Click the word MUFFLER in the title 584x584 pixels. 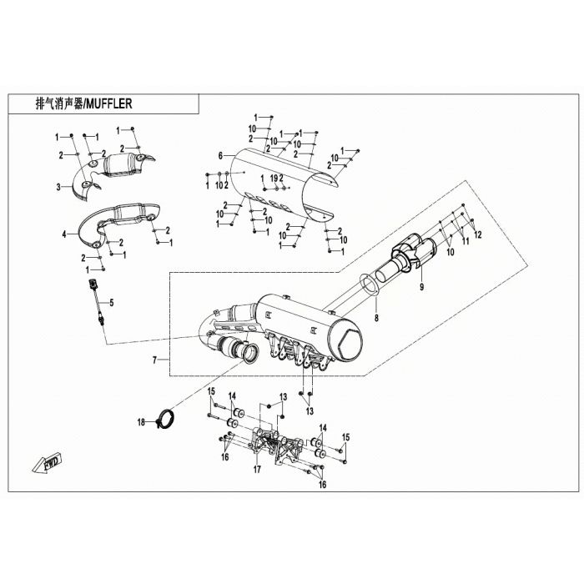coord(109,103)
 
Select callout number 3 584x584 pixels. coord(58,187)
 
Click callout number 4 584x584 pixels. coord(64,234)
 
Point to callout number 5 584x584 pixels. coord(111,303)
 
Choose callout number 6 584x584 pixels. coord(220,156)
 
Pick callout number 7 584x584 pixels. coord(155,360)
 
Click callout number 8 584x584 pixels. coord(376,318)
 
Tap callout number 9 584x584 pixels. coord(422,287)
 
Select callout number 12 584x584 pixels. coord(478,234)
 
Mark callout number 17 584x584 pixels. coord(257,470)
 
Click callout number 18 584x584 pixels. coord(141,422)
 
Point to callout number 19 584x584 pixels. coord(274,179)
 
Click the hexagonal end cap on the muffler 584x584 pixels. coord(350,345)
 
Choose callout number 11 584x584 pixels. coord(466,241)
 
